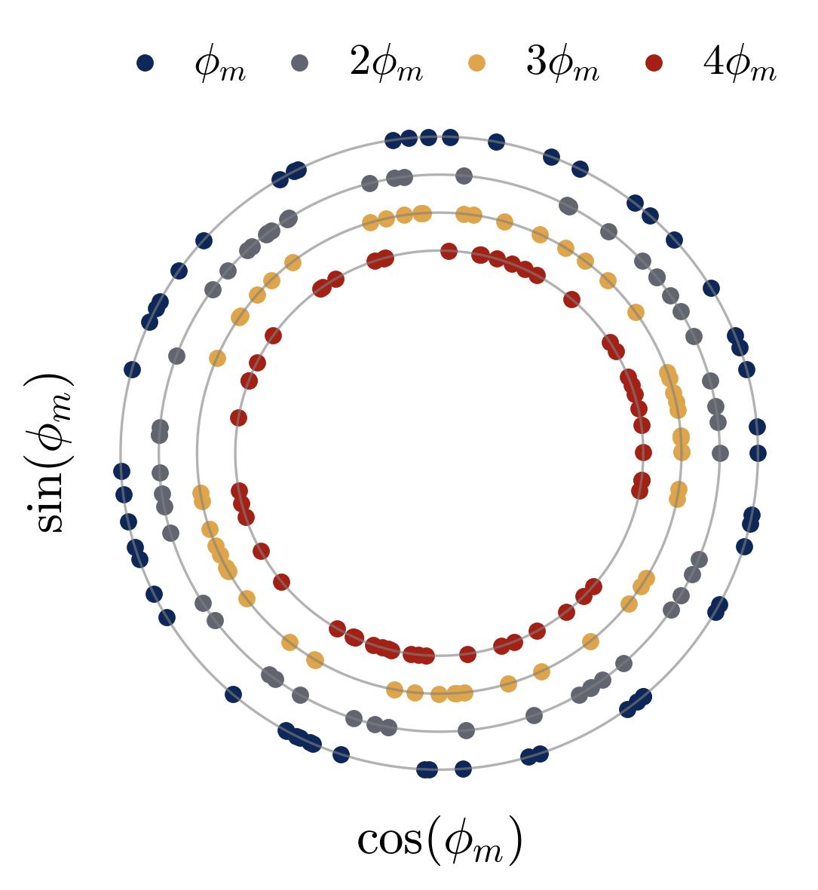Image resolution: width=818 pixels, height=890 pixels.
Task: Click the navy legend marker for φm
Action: tap(145, 63)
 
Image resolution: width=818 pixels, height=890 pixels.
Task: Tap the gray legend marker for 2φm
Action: tap(300, 63)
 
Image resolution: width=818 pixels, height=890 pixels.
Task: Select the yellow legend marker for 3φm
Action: tap(476, 63)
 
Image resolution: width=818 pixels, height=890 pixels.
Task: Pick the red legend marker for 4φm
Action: tap(654, 63)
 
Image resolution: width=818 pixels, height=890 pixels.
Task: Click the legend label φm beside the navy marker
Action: tap(219, 65)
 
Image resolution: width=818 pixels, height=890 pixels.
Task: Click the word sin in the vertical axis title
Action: tap(50, 506)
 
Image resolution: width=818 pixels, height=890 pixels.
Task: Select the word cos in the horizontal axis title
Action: tap(389, 840)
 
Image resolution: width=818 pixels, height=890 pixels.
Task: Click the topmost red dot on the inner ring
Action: tap(449, 251)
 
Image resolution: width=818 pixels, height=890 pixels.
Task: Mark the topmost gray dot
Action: tap(464, 176)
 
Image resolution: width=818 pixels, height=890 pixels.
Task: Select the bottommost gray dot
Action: tap(466, 730)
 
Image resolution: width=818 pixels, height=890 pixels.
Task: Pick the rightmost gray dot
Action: tap(720, 453)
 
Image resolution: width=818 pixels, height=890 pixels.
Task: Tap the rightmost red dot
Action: tap(643, 452)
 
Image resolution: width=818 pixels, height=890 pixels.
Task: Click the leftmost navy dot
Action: tap(121, 471)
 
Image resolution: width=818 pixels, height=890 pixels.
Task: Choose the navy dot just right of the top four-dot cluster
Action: tap(496, 142)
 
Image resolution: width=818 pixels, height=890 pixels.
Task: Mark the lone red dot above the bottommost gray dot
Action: tap(467, 653)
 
